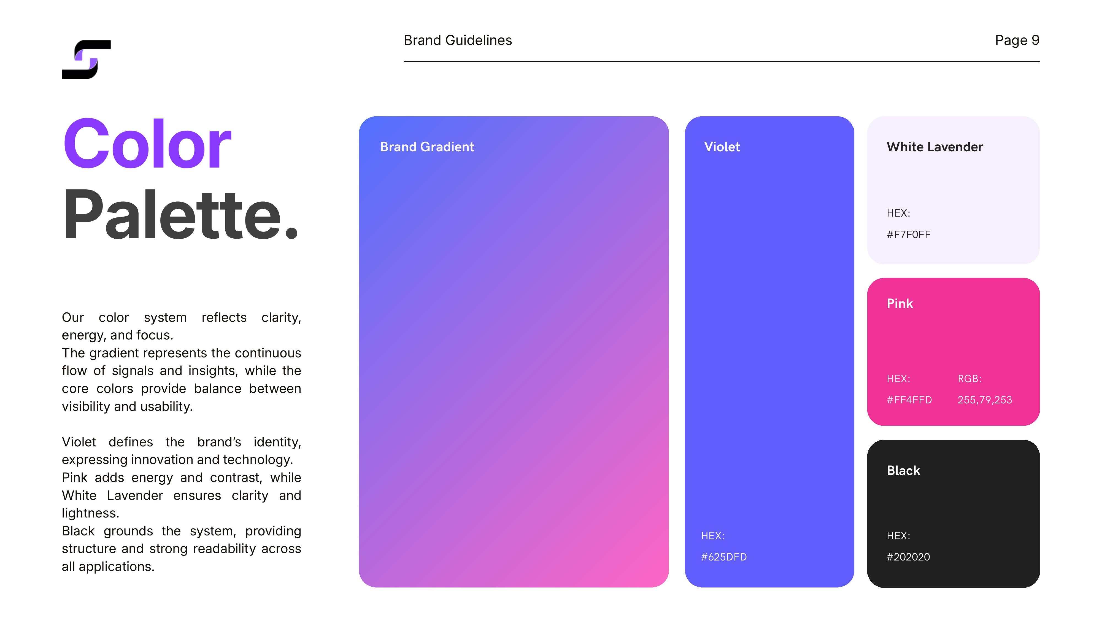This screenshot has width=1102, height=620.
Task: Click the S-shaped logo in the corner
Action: point(86,60)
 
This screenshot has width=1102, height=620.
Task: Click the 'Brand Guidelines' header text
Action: point(458,40)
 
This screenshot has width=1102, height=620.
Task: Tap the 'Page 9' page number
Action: point(1017,40)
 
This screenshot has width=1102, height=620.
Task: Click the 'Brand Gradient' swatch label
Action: point(427,147)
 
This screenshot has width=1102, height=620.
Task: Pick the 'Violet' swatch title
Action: point(722,147)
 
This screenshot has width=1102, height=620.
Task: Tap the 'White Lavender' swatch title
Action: point(935,147)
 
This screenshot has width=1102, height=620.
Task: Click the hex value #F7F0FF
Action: point(909,234)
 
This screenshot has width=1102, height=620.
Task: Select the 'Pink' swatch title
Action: point(900,303)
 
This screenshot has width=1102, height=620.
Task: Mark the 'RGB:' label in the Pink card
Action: point(969,379)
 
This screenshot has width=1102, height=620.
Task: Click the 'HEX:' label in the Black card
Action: point(898,536)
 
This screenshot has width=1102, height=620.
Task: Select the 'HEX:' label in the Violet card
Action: point(713,536)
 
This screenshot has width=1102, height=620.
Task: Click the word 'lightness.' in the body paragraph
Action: point(91,513)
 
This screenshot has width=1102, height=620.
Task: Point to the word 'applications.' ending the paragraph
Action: point(116,567)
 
